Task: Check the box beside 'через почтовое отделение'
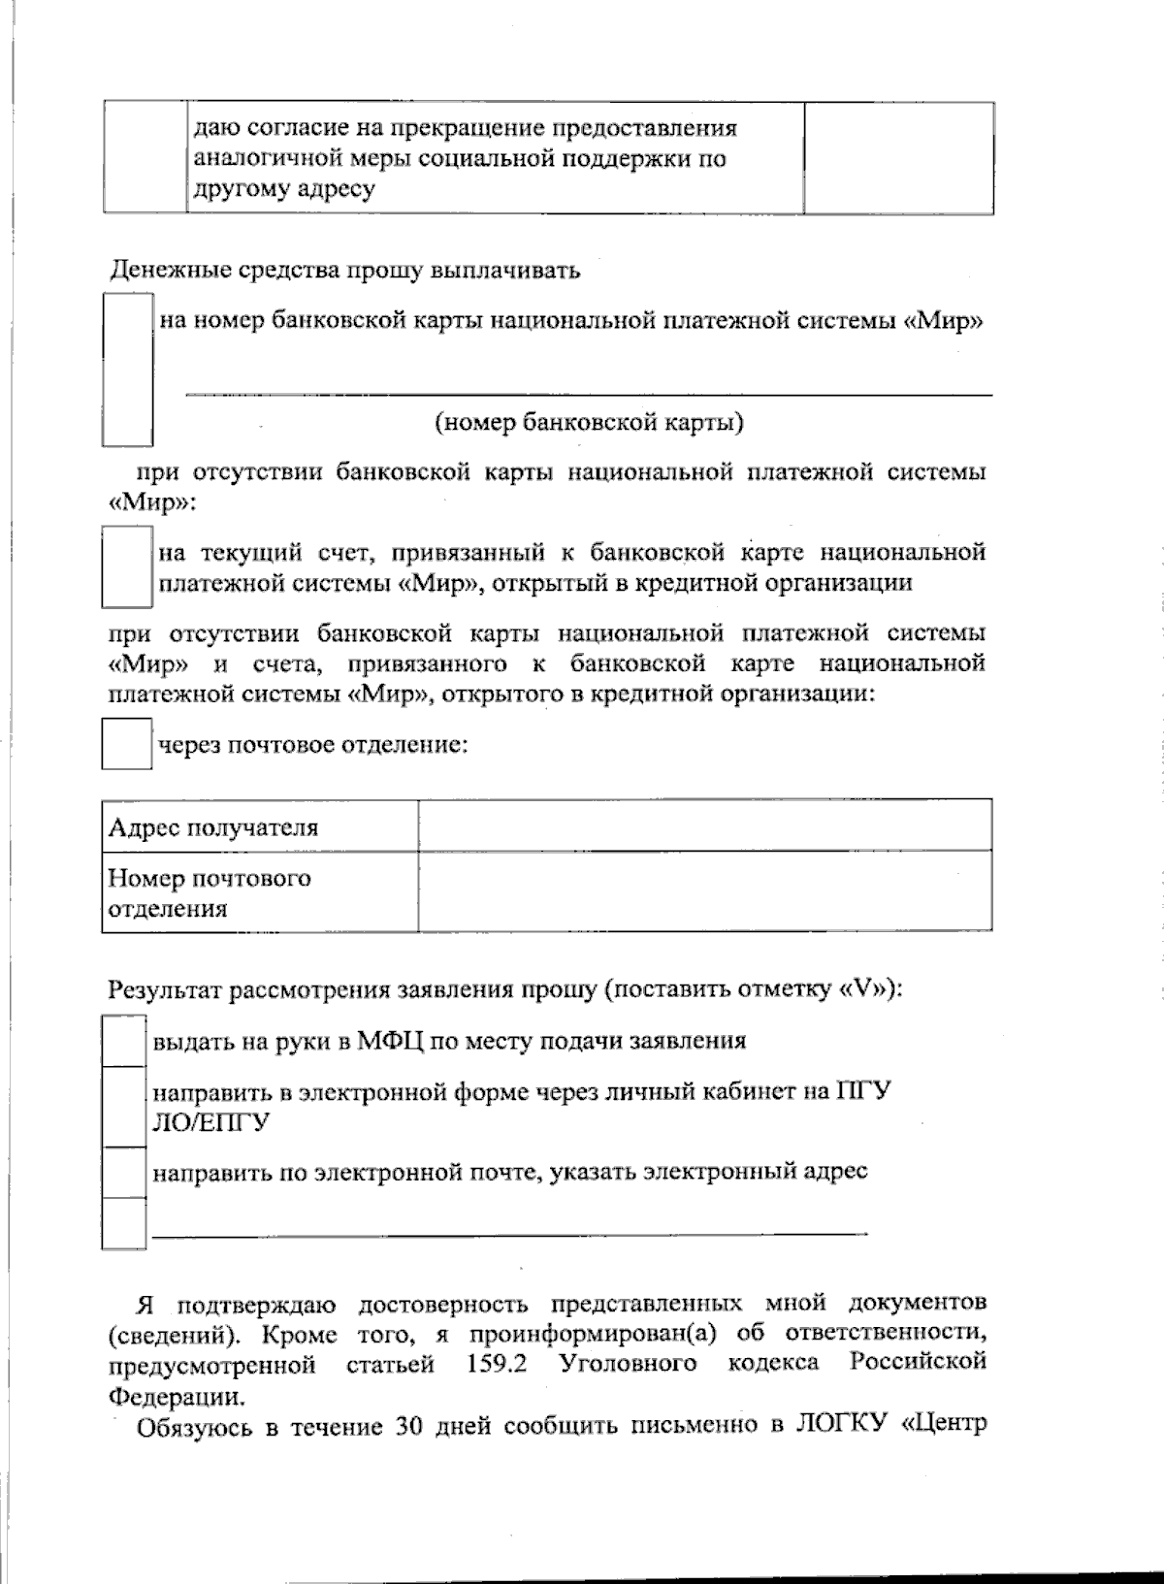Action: tap(127, 744)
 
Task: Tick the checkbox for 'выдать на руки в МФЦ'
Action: tap(124, 1041)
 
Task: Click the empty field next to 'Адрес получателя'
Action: tap(705, 826)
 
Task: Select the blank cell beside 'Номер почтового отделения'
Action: tap(705, 892)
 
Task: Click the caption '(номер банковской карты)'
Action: tap(590, 423)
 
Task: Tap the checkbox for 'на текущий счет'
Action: tap(127, 566)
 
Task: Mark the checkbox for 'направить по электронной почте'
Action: tap(124, 1172)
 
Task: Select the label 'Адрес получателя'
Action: tap(213, 827)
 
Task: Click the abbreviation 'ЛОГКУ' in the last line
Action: tap(842, 1427)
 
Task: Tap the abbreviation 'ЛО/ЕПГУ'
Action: tap(211, 1122)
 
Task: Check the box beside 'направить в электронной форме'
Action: tap(124, 1106)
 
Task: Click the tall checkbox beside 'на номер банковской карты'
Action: tap(127, 371)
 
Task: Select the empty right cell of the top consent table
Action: tap(898, 158)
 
